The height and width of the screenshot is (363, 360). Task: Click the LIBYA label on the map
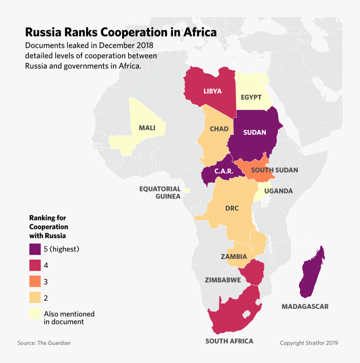213,91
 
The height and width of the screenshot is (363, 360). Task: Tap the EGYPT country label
251,97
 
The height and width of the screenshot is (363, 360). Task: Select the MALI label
147,127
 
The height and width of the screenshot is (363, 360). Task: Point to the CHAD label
219,129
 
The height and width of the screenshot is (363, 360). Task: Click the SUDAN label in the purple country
255,132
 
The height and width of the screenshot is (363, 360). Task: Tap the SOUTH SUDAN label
274,170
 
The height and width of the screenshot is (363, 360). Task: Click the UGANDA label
278,191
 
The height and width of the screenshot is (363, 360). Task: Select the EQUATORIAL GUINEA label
160,192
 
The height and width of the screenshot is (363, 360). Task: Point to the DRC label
231,208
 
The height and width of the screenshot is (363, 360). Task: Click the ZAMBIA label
234,257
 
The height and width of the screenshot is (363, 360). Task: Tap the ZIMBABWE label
223,280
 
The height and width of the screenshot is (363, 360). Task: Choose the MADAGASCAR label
305,306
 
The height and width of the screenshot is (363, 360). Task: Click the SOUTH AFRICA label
229,341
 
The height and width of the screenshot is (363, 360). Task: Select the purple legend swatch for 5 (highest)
35,249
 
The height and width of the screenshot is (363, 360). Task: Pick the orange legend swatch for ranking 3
35,282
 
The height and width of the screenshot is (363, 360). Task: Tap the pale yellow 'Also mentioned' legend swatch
35,314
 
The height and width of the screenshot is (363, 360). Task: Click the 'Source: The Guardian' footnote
44,343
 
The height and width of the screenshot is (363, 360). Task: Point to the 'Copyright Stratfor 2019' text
309,343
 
